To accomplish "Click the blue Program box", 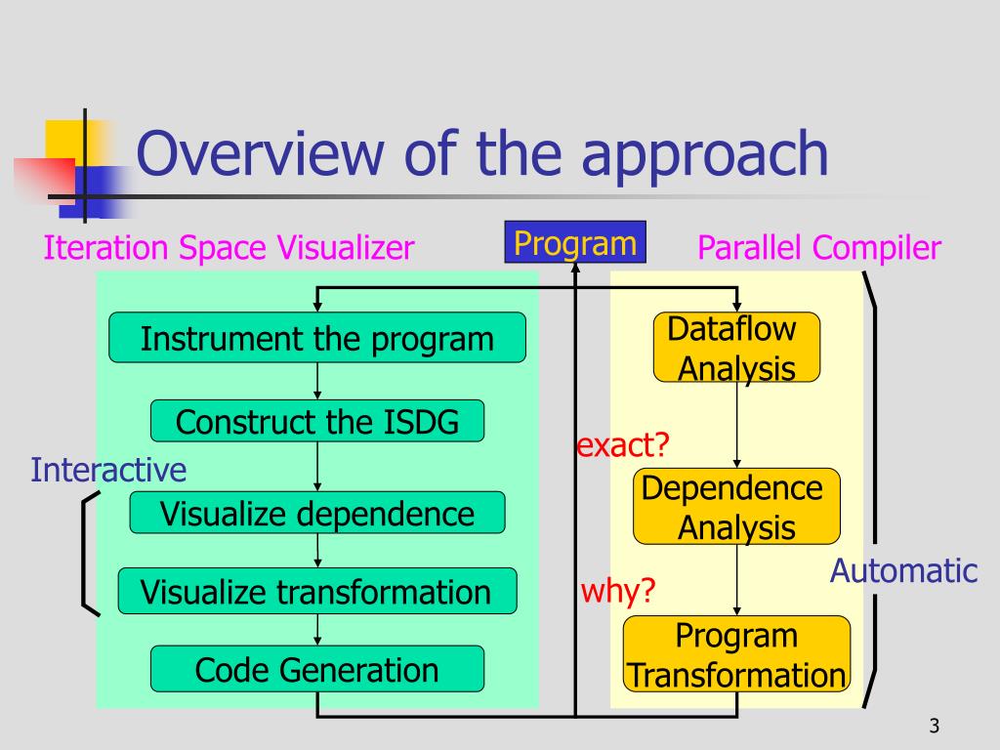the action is click(x=575, y=242).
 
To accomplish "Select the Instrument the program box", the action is click(x=317, y=337).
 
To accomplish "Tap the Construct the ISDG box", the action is click(x=317, y=421).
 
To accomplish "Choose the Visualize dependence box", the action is click(x=317, y=513).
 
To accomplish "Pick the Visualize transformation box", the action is click(x=317, y=591).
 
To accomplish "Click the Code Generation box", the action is click(x=317, y=669).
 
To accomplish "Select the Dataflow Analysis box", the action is click(x=736, y=348).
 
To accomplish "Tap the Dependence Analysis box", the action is click(x=736, y=507).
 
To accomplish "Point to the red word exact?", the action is click(x=622, y=444).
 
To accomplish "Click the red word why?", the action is click(x=618, y=591).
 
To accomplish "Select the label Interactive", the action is click(x=108, y=470).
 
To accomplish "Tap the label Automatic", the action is click(x=903, y=570).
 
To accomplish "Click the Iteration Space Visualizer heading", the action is click(x=229, y=247).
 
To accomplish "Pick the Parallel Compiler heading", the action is click(x=819, y=247).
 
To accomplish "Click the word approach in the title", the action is click(x=705, y=156).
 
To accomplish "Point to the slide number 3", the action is click(x=935, y=726).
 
